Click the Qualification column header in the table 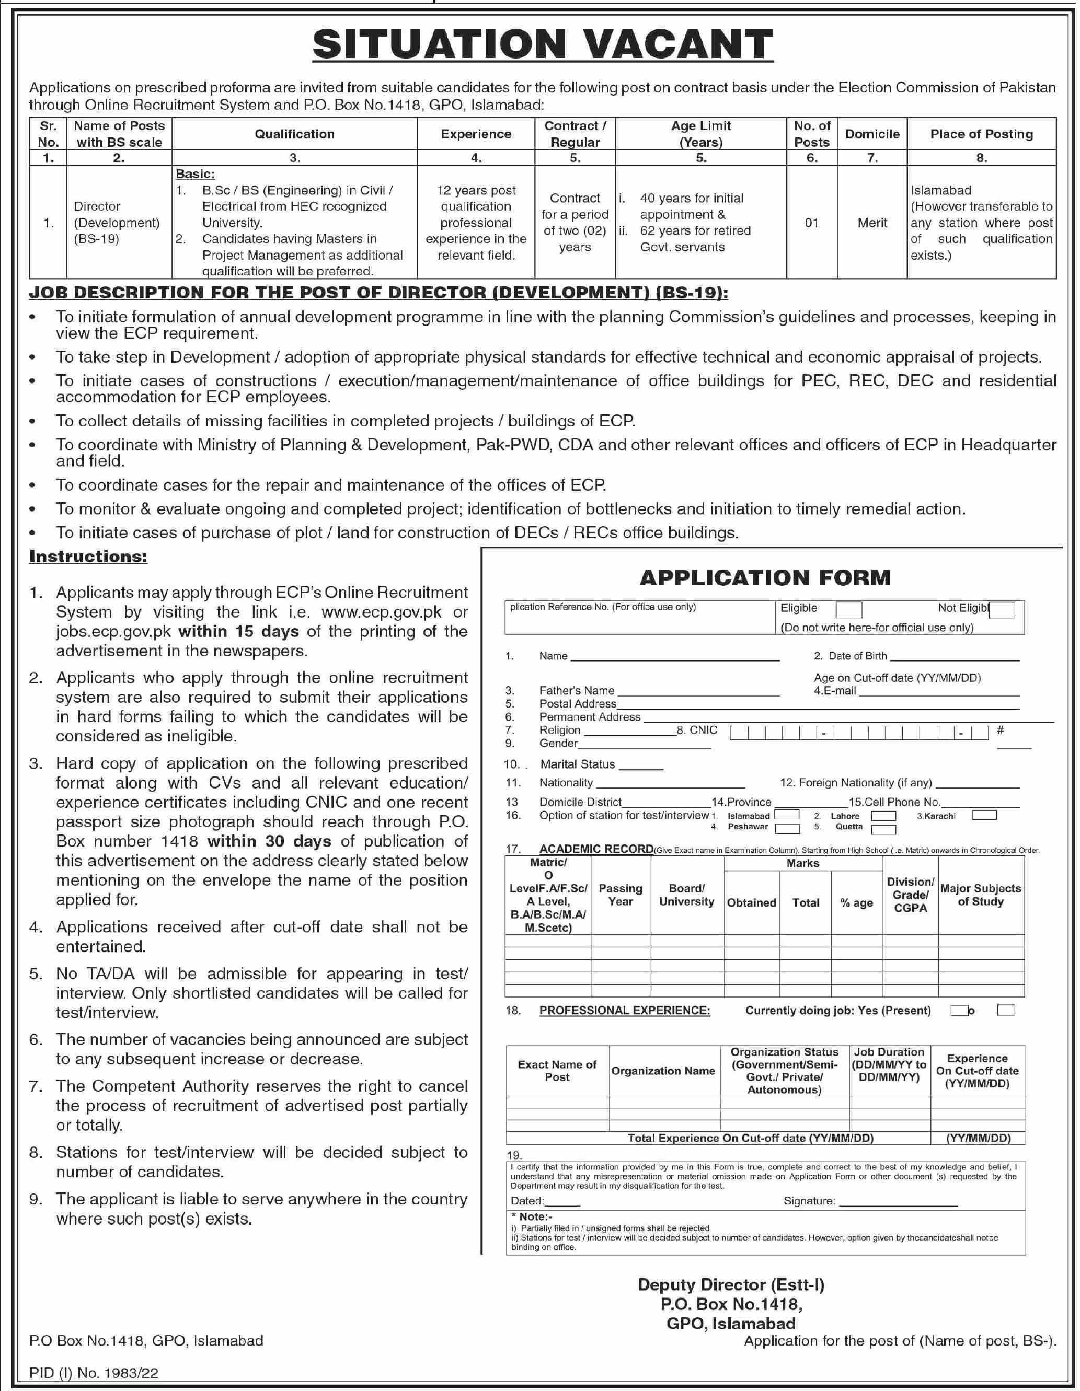click(294, 134)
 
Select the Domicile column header click(871, 134)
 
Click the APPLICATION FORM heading click(765, 578)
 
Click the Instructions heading click(88, 556)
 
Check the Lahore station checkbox click(883, 816)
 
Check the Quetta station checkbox click(883, 829)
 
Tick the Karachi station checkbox click(984, 815)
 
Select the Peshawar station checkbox click(788, 829)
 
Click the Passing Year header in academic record click(620, 895)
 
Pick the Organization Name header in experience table click(663, 1071)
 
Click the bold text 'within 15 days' click(238, 631)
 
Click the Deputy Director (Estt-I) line click(731, 1284)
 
